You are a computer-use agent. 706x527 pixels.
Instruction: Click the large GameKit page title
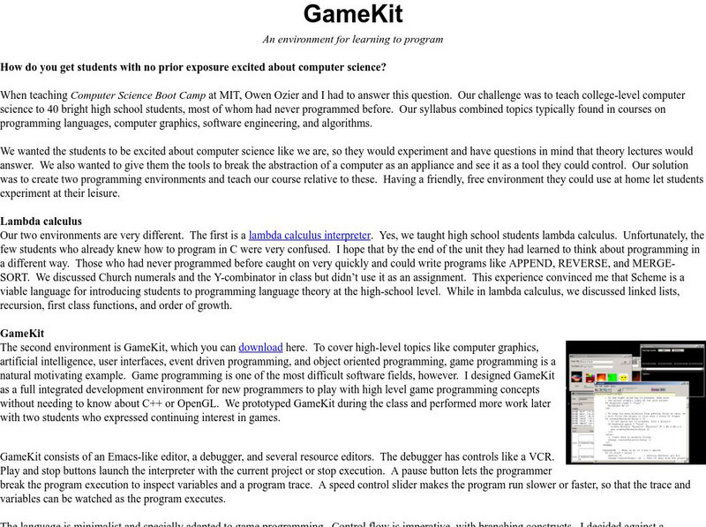pos(352,14)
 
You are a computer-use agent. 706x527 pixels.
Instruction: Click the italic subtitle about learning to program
pos(352,39)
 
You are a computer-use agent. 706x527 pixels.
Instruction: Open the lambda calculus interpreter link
pos(310,236)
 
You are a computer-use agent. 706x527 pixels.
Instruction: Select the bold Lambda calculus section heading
pos(41,221)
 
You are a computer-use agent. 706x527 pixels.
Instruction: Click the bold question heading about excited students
pos(193,67)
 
